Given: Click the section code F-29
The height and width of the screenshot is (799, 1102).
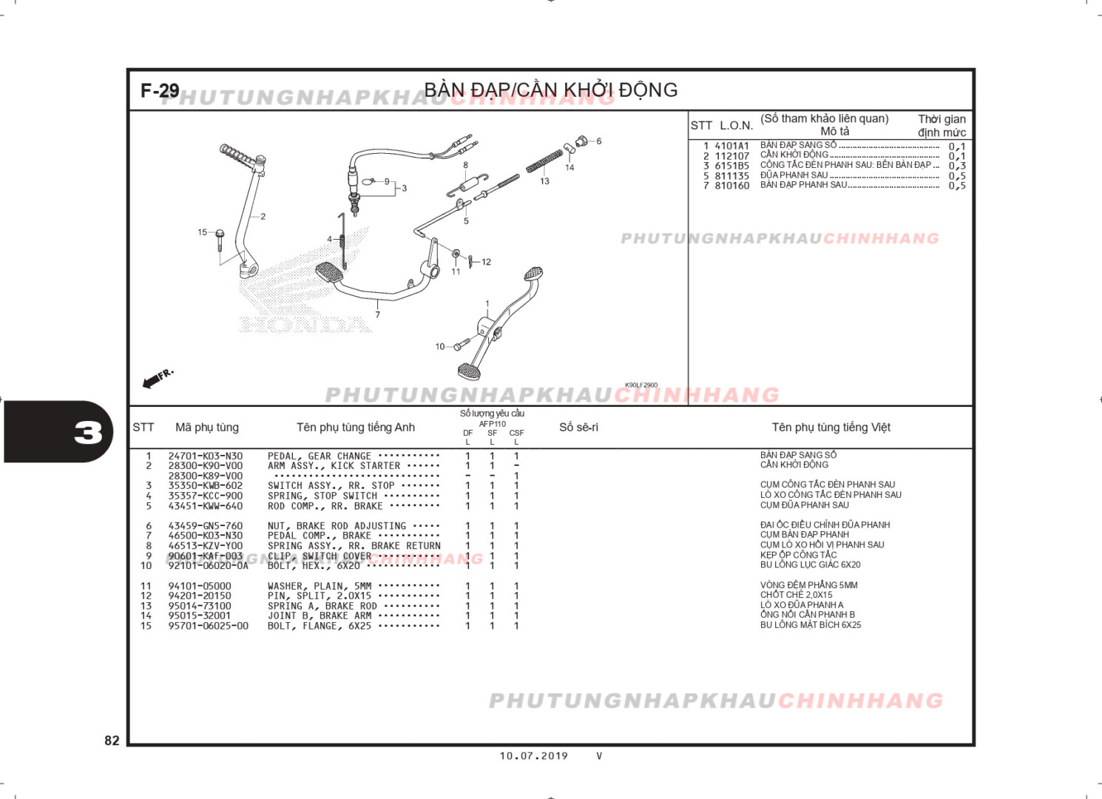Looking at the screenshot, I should (160, 91).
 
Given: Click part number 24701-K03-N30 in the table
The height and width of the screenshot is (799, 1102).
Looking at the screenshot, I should (205, 456).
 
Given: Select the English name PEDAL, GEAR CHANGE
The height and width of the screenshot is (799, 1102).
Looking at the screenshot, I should (319, 456).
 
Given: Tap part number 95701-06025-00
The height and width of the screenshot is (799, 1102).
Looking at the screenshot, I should (208, 626).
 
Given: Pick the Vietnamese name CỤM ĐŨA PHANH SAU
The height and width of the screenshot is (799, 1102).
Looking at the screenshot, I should (804, 505).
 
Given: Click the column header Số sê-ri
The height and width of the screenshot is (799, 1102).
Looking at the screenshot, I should (578, 428).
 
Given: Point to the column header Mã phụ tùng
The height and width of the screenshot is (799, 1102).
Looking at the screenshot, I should (207, 428).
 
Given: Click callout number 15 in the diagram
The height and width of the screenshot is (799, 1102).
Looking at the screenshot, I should (202, 232).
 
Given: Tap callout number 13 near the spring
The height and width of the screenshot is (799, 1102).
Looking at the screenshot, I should (544, 181).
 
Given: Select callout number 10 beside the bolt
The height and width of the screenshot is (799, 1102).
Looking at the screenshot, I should (440, 346).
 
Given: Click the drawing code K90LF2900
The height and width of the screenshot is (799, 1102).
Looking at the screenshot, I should (640, 385).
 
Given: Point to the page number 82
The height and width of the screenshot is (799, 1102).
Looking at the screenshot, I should (112, 741).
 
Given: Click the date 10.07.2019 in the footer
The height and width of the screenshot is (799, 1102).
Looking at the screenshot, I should (533, 756).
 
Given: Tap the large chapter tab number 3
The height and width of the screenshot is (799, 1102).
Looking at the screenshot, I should (88, 433).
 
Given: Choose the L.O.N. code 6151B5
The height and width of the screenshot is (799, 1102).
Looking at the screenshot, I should (731, 166).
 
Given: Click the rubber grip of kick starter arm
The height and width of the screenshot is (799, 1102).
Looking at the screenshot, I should (236, 154).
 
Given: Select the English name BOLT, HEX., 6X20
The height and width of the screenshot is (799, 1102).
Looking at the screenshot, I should (314, 566).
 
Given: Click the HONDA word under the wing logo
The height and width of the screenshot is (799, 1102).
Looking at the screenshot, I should (305, 325).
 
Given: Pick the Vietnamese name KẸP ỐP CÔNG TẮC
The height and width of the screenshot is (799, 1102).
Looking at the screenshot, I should (798, 555).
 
